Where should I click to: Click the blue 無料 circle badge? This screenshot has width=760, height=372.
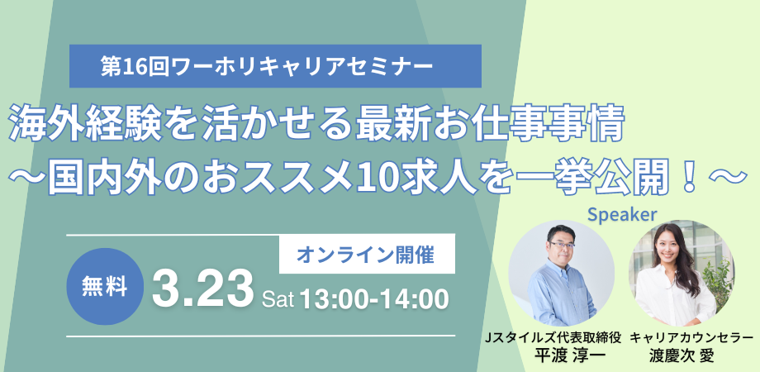pyautogui.click(x=105, y=287)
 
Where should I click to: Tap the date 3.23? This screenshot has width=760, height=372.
pyautogui.click(x=202, y=290)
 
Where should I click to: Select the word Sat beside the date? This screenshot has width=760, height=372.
pyautogui.click(x=278, y=300)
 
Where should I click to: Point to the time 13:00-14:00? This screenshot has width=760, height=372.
pyautogui.click(x=373, y=299)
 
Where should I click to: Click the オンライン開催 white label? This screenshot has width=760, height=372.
pyautogui.click(x=367, y=254)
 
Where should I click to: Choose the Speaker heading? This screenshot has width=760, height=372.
pyautogui.click(x=622, y=215)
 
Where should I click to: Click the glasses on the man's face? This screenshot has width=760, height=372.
pyautogui.click(x=562, y=246)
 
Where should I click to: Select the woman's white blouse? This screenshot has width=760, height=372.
pyautogui.click(x=674, y=298)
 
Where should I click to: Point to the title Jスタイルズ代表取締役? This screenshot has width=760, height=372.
pyautogui.click(x=554, y=338)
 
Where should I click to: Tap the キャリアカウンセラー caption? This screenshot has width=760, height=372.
pyautogui.click(x=691, y=338)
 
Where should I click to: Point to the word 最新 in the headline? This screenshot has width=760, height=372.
pyautogui.click(x=391, y=125)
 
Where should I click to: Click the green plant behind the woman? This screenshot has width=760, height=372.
pyautogui.click(x=717, y=279)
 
